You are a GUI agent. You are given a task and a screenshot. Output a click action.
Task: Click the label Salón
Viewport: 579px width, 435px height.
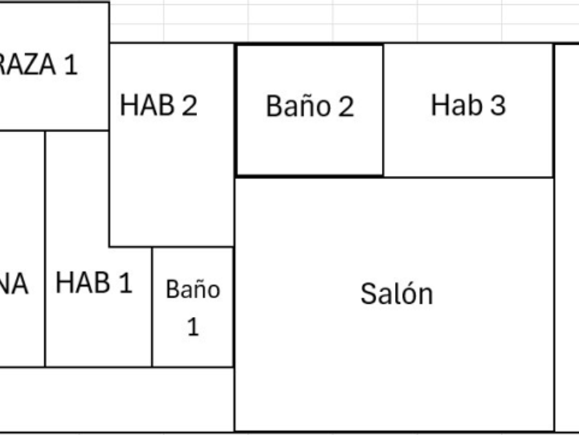tap(396, 294)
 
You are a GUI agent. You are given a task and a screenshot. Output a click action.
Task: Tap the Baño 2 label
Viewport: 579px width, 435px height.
tap(309, 106)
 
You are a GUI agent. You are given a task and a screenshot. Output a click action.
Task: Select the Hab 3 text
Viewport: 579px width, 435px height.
tap(468, 105)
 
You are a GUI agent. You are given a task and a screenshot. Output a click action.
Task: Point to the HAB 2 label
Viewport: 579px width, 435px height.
tap(159, 105)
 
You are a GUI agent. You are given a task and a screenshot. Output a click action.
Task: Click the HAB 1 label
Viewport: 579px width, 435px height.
tap(94, 283)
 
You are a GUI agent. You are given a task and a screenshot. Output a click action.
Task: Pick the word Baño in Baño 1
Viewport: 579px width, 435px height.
tap(193, 289)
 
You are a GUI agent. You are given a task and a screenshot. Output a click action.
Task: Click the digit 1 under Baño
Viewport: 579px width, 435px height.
tap(193, 326)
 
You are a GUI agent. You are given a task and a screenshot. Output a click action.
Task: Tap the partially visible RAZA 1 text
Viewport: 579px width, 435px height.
tap(39, 65)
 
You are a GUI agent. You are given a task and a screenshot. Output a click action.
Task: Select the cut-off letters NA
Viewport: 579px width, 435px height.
tap(14, 284)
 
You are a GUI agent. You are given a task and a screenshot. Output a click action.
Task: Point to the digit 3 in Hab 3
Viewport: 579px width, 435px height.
tap(497, 105)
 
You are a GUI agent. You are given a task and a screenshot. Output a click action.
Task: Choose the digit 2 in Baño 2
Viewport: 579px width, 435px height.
tap(345, 106)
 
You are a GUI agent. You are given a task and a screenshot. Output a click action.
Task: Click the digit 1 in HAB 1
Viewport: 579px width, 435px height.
tap(124, 283)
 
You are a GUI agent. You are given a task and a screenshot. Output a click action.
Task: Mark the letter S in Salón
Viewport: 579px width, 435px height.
tap(368, 294)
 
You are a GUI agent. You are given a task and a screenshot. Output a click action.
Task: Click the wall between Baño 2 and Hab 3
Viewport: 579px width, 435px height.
tap(383, 110)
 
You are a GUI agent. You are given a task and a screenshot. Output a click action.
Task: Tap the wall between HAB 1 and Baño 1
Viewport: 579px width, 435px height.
tap(152, 307)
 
